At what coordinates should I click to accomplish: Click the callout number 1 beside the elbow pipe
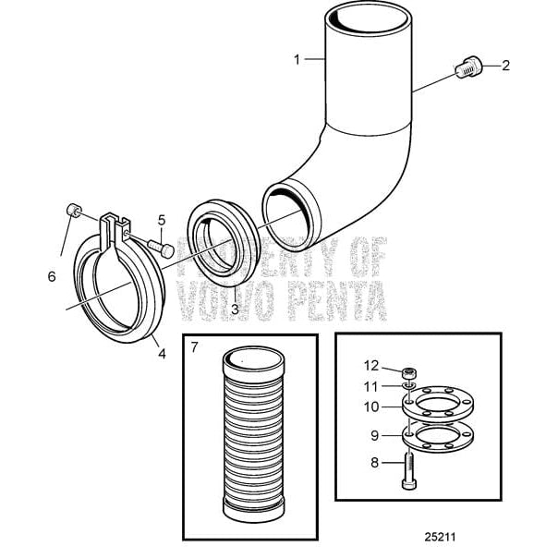click(297, 59)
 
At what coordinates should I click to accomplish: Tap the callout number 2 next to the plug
click(505, 66)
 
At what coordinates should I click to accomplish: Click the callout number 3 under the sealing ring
click(235, 309)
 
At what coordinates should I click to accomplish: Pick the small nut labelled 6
click(70, 212)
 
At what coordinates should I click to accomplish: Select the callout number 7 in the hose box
click(194, 348)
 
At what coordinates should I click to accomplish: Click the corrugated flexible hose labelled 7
click(249, 433)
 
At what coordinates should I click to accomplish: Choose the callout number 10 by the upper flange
click(370, 405)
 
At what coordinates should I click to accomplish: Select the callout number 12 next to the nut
click(370, 365)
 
